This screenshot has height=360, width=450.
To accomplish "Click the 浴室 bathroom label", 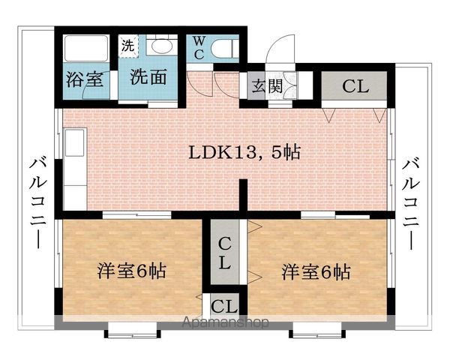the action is click(x=84, y=79).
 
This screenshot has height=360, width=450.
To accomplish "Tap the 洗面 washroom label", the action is click(x=148, y=76).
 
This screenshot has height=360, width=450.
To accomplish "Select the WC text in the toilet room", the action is click(x=199, y=48).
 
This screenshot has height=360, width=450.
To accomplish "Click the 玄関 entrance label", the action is click(x=267, y=85).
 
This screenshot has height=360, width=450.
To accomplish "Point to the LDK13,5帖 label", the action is click(x=244, y=152).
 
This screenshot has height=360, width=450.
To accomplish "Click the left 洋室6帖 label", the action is click(x=132, y=271).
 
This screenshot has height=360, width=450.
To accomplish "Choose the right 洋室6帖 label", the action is click(x=316, y=271).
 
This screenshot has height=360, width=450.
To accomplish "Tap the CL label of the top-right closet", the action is click(x=355, y=85).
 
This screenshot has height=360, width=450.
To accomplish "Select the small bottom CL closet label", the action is click(x=224, y=306).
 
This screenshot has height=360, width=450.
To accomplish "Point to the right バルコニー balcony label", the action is click(x=411, y=204).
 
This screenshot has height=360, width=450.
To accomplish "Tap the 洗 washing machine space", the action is click(x=128, y=46).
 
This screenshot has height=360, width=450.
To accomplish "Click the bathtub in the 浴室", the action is click(x=86, y=48).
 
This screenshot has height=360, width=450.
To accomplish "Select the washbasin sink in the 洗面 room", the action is click(x=161, y=46).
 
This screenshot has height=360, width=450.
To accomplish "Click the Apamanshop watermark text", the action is click(x=225, y=322).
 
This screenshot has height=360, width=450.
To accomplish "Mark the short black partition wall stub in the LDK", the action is click(x=243, y=195).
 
